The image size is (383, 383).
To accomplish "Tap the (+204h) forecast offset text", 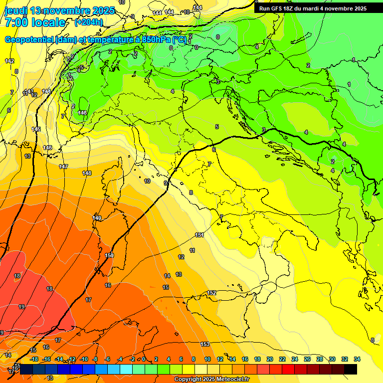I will click(89, 22).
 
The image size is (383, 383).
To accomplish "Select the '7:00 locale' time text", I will click(35, 22).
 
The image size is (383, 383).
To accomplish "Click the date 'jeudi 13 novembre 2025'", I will click(59, 10).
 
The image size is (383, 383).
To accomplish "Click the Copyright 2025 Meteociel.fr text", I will click(211, 380).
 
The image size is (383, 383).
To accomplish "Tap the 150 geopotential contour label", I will click(109, 255).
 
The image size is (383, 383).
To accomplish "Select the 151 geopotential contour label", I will click(199, 235).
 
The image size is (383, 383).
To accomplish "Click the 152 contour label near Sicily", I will click(211, 293).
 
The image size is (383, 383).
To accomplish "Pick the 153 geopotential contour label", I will click(205, 345).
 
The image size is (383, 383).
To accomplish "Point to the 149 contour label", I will click(97, 218).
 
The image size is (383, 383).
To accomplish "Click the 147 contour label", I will click(63, 167).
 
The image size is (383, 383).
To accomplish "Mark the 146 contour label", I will click(47, 148).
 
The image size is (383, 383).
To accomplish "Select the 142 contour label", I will click(9, 61).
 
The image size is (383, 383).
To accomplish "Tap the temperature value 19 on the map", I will click(21, 307).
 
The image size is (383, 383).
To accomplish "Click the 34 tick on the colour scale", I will click(357, 359).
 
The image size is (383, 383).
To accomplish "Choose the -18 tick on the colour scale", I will click(34, 359).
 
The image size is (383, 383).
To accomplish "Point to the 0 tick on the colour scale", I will click(144, 359).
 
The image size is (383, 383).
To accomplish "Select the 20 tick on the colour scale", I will click(269, 359).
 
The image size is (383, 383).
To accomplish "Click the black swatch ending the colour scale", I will click(351, 369).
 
